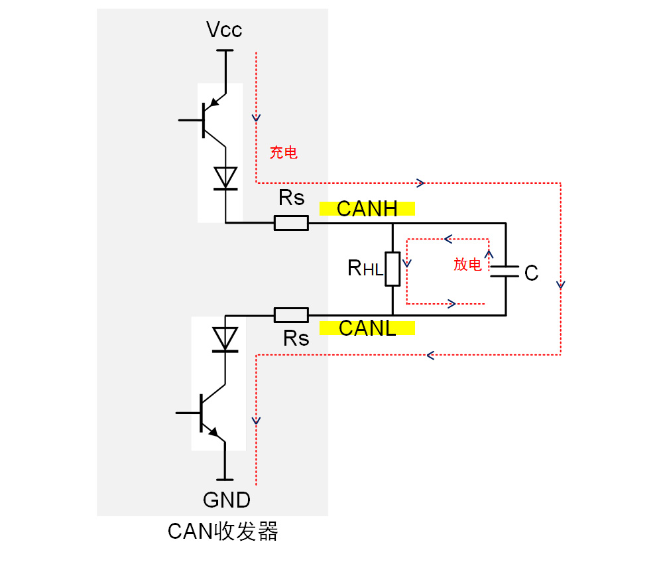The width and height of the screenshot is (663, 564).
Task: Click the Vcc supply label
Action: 224,30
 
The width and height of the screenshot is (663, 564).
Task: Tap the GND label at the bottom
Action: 226,499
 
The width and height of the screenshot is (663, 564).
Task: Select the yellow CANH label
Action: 367,209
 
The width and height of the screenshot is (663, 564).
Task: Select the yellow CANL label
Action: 367,328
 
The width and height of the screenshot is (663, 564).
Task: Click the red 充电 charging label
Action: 283,153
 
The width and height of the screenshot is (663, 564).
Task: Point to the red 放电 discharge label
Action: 467,264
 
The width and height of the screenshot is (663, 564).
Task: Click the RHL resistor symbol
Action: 392,269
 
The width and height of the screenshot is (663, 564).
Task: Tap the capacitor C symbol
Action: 505,269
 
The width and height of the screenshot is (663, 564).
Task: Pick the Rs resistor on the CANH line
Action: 291,223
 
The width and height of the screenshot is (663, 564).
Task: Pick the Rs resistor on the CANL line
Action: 291,315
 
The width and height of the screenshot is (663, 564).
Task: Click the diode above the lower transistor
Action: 226,338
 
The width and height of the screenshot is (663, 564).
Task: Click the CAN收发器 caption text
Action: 222,531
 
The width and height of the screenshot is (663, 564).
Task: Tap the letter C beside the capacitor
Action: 531,273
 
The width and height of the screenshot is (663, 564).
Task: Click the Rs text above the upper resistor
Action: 292,198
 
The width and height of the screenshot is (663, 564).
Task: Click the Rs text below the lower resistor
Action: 296,338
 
